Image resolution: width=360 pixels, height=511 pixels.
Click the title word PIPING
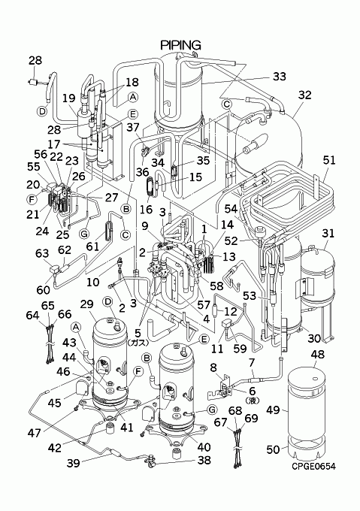[180, 45]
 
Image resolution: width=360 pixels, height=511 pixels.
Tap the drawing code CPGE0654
[313, 467]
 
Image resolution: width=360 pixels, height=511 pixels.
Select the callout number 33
[279, 76]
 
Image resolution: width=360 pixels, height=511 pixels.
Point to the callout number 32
[304, 95]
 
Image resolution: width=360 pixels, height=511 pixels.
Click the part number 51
[329, 160]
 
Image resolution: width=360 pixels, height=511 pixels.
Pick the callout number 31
[328, 234]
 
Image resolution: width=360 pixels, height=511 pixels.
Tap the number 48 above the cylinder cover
[318, 354]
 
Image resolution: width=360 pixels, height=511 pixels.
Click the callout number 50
[273, 449]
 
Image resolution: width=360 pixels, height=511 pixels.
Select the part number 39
[73, 463]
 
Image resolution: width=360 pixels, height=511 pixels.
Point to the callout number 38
[204, 460]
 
